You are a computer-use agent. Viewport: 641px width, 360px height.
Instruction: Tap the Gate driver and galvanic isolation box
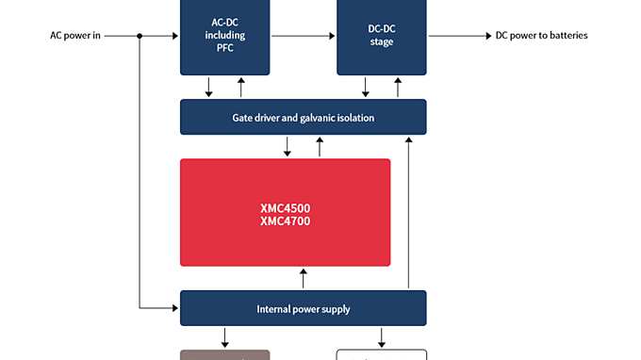pyautogui.click(x=303, y=117)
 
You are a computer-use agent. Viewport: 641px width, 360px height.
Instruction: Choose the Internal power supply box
pyautogui.click(x=303, y=308)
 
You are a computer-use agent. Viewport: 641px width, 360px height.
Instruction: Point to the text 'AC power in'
pyautogui.click(x=74, y=36)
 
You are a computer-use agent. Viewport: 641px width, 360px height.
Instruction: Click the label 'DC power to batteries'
pyautogui.click(x=541, y=36)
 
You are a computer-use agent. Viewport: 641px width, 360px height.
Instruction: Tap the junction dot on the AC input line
pyautogui.click(x=140, y=36)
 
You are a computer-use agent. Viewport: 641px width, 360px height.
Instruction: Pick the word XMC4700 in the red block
pyautogui.click(x=285, y=221)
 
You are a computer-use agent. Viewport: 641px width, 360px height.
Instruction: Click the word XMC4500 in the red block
pyautogui.click(x=285, y=208)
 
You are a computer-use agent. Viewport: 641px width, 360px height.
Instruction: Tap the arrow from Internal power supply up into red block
pyautogui.click(x=303, y=279)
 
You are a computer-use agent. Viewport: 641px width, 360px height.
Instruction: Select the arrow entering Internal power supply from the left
pyautogui.click(x=160, y=307)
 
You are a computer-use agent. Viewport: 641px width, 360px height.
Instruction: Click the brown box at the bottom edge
pyautogui.click(x=224, y=355)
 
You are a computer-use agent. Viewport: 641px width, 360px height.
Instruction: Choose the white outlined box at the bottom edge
pyautogui.click(x=381, y=355)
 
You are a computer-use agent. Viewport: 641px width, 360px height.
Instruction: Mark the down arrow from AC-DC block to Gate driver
pyautogui.click(x=208, y=87)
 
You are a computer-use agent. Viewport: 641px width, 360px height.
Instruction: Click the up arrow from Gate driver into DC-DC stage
pyautogui.click(x=397, y=87)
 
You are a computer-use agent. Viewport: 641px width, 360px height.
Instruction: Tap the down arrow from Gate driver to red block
pyautogui.click(x=288, y=147)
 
